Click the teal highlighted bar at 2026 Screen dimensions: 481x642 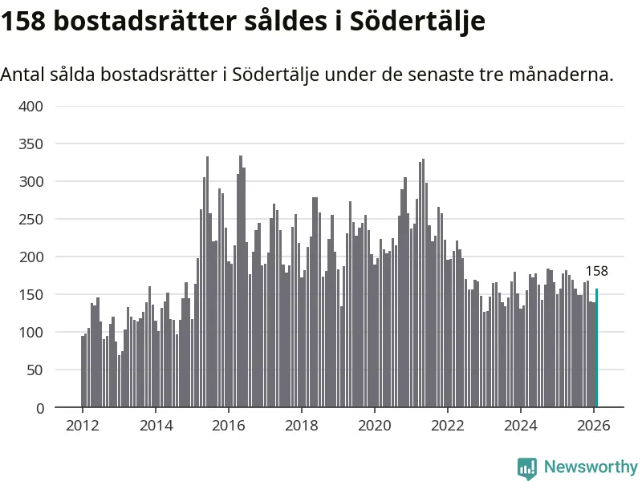[596, 348]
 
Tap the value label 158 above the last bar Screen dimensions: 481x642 [596, 271]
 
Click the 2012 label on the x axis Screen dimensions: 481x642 [83, 426]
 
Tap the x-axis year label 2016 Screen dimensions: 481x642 [228, 426]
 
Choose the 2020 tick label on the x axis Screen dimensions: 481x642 [374, 426]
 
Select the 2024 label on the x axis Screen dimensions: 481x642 [520, 426]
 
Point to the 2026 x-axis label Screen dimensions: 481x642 [593, 426]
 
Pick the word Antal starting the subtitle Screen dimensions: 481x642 [22, 75]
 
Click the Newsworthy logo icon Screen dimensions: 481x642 [527, 467]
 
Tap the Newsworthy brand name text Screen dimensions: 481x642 [591, 467]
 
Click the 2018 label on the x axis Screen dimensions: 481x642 [301, 426]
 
